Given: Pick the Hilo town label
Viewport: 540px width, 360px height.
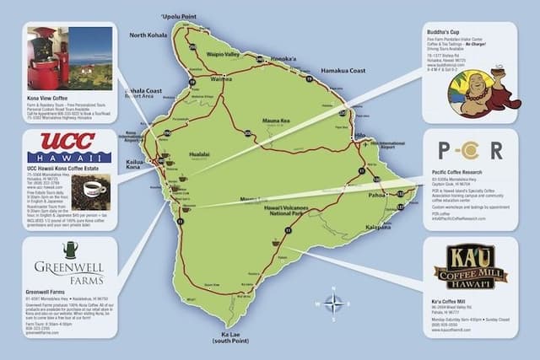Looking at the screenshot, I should [360, 135].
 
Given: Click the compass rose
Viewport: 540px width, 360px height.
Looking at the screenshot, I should [337, 303].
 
